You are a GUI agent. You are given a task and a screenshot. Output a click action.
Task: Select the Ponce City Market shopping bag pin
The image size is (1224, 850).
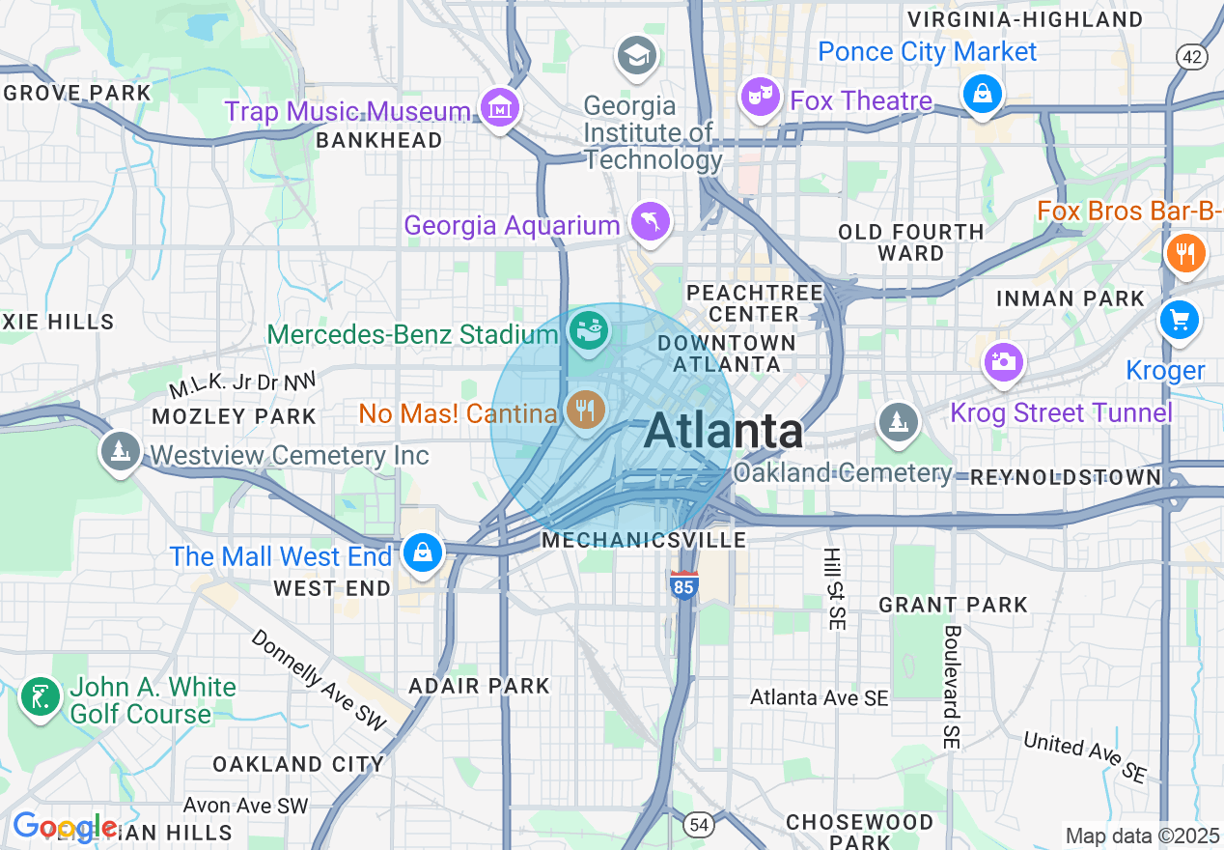982,94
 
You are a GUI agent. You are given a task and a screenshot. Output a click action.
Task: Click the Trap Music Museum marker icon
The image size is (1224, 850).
499,109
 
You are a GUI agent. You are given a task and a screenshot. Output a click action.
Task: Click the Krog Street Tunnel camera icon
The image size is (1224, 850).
1003,363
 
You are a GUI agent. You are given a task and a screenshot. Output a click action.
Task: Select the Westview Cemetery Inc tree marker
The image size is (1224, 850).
121,452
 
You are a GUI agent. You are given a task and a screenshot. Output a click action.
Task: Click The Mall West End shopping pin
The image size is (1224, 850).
423,553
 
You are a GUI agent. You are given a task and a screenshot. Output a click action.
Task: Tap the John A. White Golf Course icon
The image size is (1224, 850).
41,697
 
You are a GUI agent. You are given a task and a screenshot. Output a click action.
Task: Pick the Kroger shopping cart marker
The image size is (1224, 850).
1180,320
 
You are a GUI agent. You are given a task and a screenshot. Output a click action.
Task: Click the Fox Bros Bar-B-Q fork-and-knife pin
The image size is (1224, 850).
1185,253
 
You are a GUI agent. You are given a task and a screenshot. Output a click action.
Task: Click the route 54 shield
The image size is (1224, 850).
700,824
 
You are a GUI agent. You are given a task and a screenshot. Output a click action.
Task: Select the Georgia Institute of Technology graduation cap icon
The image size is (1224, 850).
637,56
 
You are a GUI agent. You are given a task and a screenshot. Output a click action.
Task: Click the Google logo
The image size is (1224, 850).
65,827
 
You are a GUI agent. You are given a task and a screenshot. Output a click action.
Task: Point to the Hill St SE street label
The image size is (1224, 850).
833,589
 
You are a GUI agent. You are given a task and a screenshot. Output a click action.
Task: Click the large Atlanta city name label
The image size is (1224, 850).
723,431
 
